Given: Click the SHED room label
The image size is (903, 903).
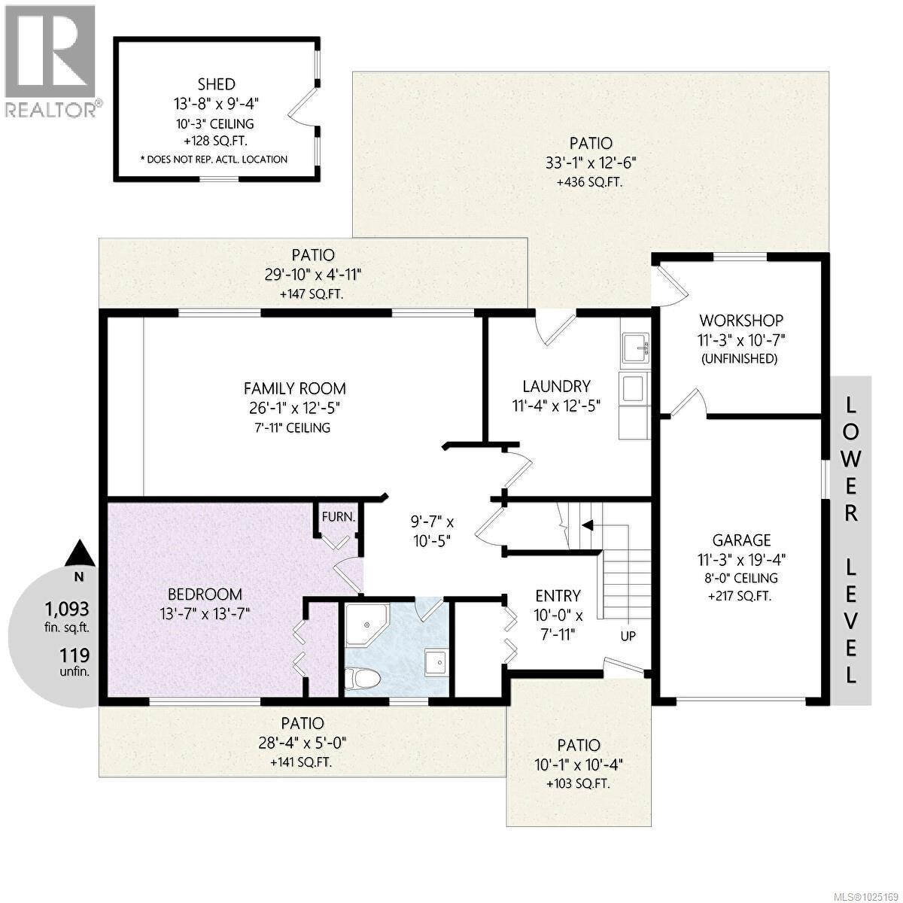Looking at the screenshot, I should [x=216, y=84].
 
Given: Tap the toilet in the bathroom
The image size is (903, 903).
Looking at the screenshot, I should [x=360, y=676].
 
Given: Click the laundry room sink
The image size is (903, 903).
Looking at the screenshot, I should [x=637, y=348].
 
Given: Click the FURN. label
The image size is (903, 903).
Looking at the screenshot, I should [x=338, y=517].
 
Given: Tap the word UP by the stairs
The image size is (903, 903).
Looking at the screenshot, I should [x=628, y=636].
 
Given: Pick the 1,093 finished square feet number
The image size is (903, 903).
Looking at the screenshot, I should [x=66, y=609].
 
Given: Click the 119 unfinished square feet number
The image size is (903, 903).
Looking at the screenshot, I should [x=76, y=655].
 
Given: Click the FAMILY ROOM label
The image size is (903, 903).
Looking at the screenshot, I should [x=295, y=388].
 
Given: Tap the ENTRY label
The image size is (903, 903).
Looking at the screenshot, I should [x=558, y=594].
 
